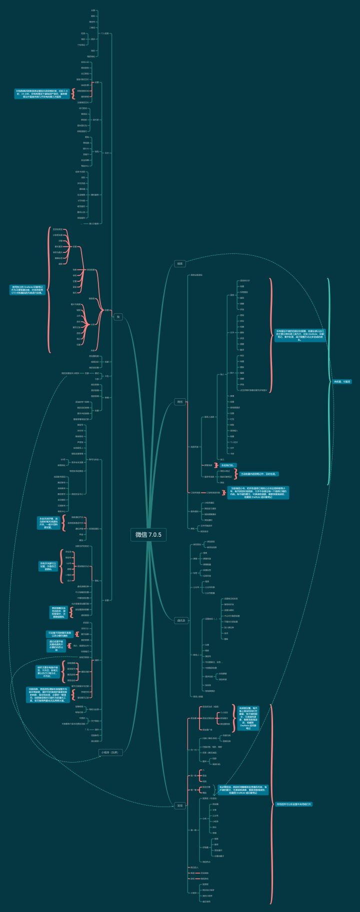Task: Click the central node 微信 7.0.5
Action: (148, 534)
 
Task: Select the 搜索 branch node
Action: (180, 263)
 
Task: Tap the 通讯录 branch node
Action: (181, 621)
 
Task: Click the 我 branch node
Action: (118, 316)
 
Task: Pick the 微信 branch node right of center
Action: (180, 402)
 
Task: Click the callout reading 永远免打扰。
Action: (227, 465)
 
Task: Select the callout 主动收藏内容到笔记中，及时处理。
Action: (258, 473)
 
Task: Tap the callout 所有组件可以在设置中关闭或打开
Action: (294, 804)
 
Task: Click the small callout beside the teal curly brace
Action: (342, 381)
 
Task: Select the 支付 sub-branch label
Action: (106, 153)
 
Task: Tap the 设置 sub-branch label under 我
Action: (106, 600)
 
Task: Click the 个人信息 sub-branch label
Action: (104, 33)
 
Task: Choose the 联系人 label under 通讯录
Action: (196, 654)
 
